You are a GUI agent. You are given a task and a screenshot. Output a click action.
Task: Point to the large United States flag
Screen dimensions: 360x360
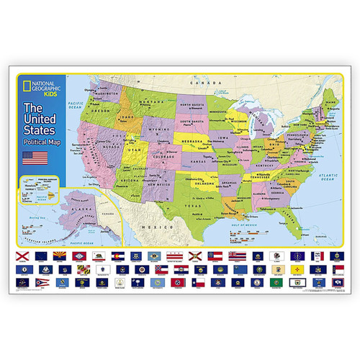(35, 158)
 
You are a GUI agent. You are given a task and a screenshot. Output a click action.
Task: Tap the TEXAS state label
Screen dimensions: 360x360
(195, 205)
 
